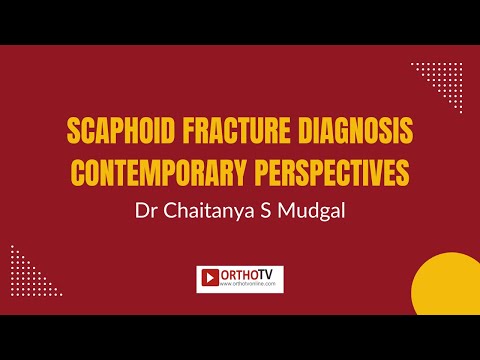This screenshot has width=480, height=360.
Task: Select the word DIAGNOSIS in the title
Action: click(x=355, y=131)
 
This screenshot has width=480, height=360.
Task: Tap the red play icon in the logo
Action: click(x=210, y=278)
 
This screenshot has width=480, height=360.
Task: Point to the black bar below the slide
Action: click(x=240, y=337)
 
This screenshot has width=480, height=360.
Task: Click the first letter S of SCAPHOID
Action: click(x=71, y=131)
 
